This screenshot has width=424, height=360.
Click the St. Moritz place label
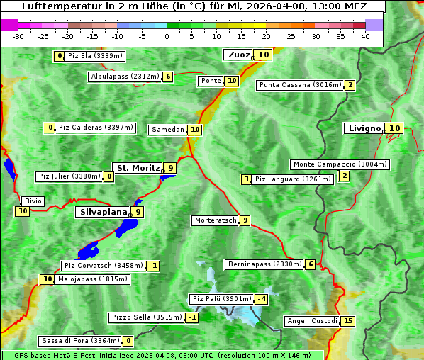[x=138, y=168]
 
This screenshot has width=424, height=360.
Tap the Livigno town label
[x=364, y=128]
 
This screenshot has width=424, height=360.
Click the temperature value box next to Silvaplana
[x=138, y=211]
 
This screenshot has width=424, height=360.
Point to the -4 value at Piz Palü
[x=262, y=299]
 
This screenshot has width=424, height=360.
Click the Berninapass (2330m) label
[x=264, y=264]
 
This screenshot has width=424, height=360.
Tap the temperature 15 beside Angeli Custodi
[x=347, y=321]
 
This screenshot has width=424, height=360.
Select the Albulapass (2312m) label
[x=124, y=77]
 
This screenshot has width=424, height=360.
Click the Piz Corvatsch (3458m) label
[x=103, y=266]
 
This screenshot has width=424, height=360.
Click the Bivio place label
[x=33, y=201]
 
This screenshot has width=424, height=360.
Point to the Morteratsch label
[x=216, y=220]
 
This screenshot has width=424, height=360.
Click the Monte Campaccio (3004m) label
[x=340, y=164]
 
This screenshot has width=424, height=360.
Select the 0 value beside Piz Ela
[x=59, y=56]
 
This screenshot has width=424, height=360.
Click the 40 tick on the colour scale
[x=365, y=36]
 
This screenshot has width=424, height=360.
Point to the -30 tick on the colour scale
[x=18, y=36]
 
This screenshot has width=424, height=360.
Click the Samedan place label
[x=167, y=130]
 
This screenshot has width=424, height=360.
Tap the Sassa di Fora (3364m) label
[x=79, y=341]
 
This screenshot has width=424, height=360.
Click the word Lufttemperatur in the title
[x=60, y=7]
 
